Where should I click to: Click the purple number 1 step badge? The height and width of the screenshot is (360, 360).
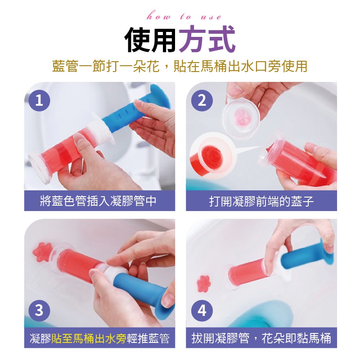click(39, 100)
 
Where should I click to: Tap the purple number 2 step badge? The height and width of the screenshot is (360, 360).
click(202, 100)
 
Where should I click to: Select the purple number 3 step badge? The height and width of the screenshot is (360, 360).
click(39, 310)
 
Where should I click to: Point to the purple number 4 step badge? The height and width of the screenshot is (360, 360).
click(202, 310)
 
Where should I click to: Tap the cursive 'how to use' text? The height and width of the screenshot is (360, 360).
click(184, 17)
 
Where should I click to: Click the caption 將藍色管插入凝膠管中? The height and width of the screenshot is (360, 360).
click(98, 201)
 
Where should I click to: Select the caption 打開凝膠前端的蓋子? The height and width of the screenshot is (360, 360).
click(261, 201)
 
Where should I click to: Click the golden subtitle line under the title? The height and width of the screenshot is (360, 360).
click(180, 66)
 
